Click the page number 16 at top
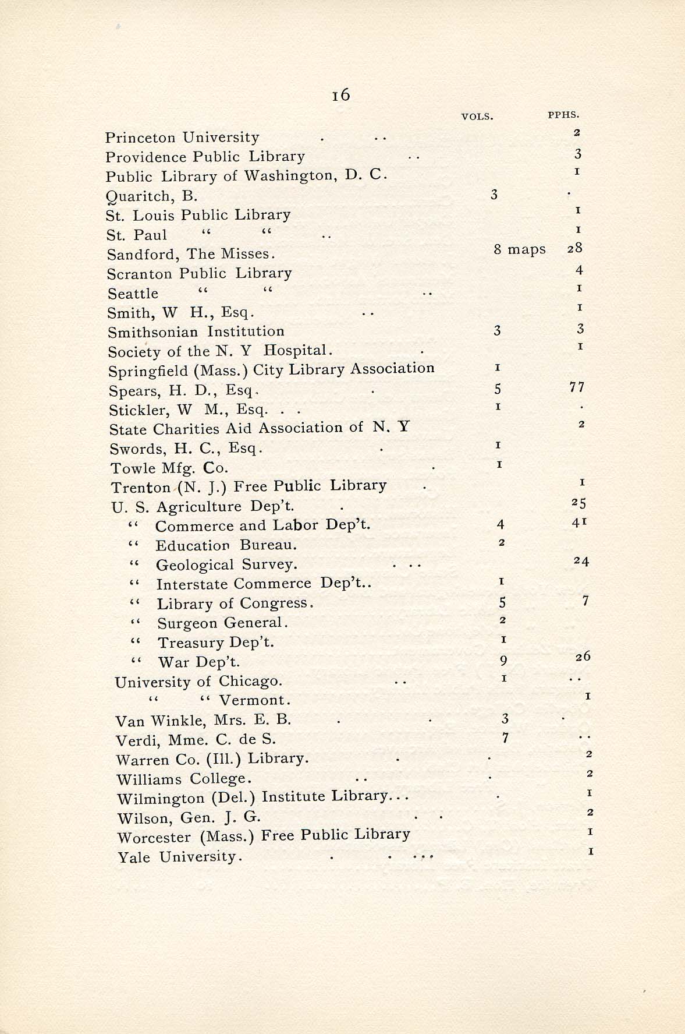click(341, 94)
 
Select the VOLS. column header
click(477, 117)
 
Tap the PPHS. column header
click(563, 115)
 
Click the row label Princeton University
click(182, 137)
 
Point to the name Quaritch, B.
click(152, 196)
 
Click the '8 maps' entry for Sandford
click(519, 249)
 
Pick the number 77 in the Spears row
click(577, 387)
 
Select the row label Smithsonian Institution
click(196, 331)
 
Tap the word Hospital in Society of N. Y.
click(296, 350)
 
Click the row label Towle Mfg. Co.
click(169, 468)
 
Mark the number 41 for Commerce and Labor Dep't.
click(579, 523)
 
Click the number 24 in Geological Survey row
click(581, 562)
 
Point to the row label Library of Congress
click(235, 604)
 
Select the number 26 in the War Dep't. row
click(583, 657)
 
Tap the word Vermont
click(254, 700)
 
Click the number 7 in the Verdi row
click(505, 738)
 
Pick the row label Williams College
click(184, 779)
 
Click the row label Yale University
click(179, 857)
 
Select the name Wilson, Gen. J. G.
click(189, 818)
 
